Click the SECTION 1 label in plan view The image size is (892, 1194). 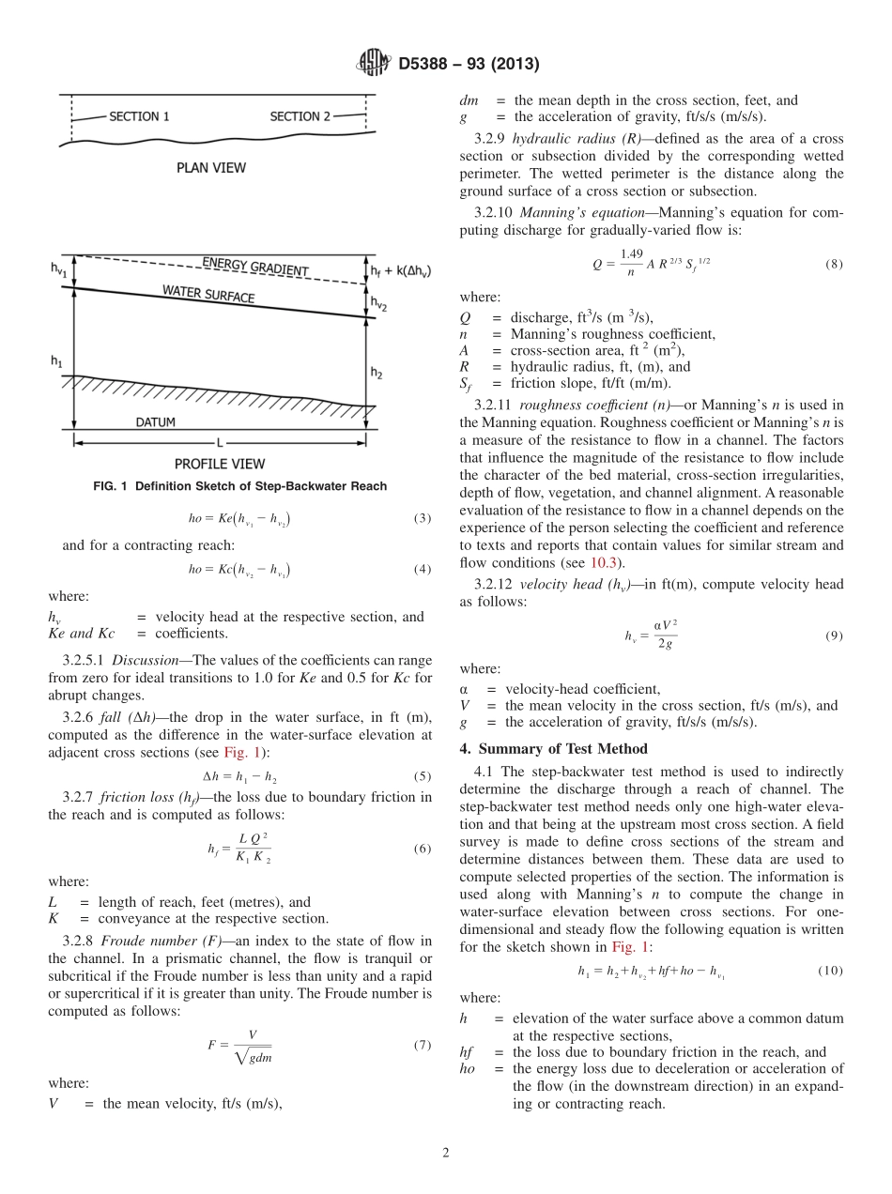[x=139, y=117]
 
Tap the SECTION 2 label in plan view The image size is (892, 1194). [x=300, y=116]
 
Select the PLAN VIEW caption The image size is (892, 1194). [x=211, y=168]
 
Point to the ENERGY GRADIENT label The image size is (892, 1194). [x=255, y=267]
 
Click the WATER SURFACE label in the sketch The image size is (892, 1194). [x=208, y=295]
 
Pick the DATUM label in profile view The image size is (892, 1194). [x=155, y=422]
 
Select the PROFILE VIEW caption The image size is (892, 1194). [x=220, y=464]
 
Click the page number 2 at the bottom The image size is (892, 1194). [x=446, y=1152]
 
